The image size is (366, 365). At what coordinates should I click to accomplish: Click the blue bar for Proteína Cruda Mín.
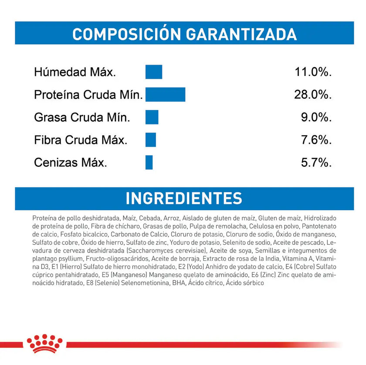[165, 95]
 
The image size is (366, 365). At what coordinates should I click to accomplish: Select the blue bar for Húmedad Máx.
[154, 72]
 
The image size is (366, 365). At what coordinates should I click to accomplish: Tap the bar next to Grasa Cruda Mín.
[152, 117]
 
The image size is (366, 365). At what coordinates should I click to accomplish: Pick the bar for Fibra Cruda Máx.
[151, 140]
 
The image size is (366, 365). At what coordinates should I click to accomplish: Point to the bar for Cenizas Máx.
[149, 163]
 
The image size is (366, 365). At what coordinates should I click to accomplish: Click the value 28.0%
[313, 95]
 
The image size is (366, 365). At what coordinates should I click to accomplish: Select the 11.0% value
[313, 72]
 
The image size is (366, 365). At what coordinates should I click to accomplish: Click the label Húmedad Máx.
[75, 72]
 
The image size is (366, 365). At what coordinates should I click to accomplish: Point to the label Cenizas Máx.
[71, 163]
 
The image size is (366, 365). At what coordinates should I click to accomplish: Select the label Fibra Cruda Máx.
[81, 140]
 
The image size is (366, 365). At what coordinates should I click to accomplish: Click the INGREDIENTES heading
[183, 198]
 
